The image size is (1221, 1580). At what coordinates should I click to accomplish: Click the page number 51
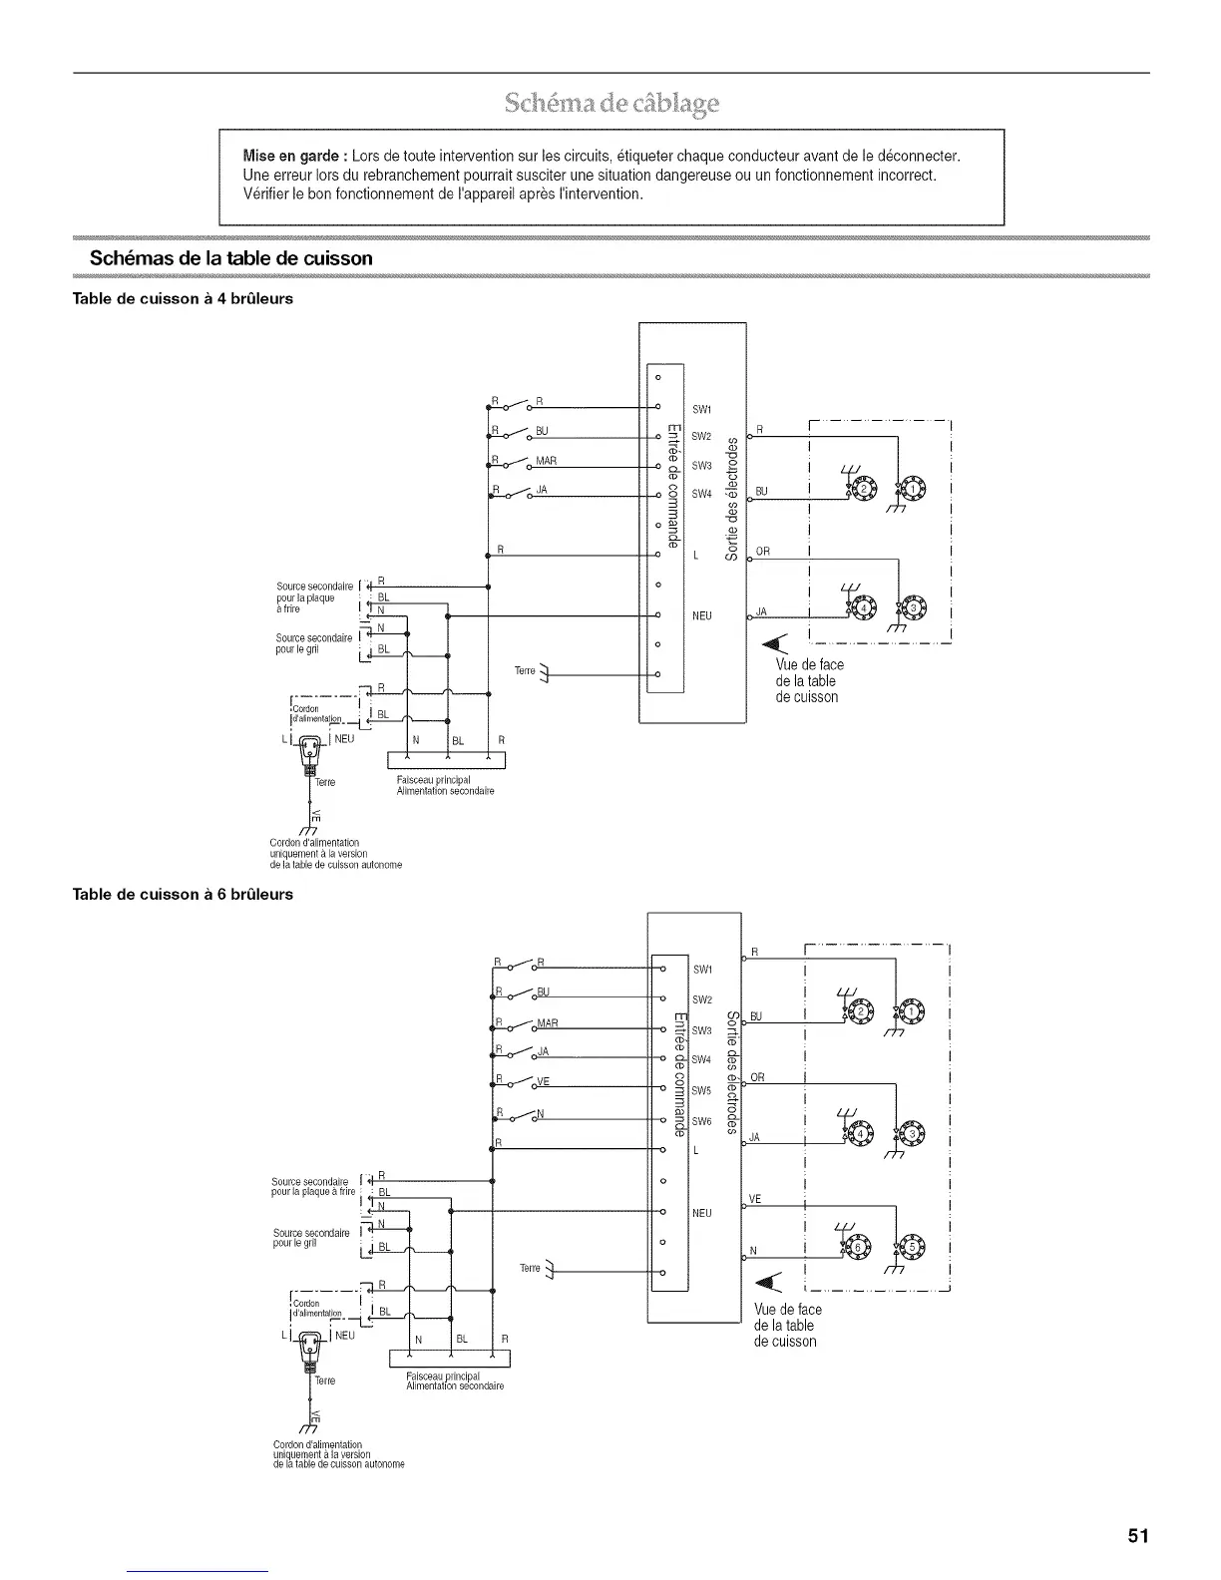tap(1138, 1535)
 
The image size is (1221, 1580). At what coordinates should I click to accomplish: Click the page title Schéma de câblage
tap(611, 103)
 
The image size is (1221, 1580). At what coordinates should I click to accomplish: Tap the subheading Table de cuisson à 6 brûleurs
tap(184, 894)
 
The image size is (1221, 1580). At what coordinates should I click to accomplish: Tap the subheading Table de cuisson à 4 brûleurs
tap(184, 298)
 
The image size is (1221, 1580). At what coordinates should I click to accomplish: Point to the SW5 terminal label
tap(702, 1091)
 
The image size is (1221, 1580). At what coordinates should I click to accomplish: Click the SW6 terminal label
tap(702, 1122)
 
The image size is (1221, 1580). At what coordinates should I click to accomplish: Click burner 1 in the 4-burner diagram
tap(913, 490)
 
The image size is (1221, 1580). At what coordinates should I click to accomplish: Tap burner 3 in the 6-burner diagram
tap(913, 1133)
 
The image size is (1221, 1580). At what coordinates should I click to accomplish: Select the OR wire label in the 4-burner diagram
tap(763, 551)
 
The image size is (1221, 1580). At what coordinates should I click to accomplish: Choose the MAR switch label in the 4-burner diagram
tap(546, 460)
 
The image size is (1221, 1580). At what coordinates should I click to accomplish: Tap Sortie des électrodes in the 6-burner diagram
tap(731, 1072)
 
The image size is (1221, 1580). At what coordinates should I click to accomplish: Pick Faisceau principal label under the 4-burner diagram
tap(432, 779)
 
